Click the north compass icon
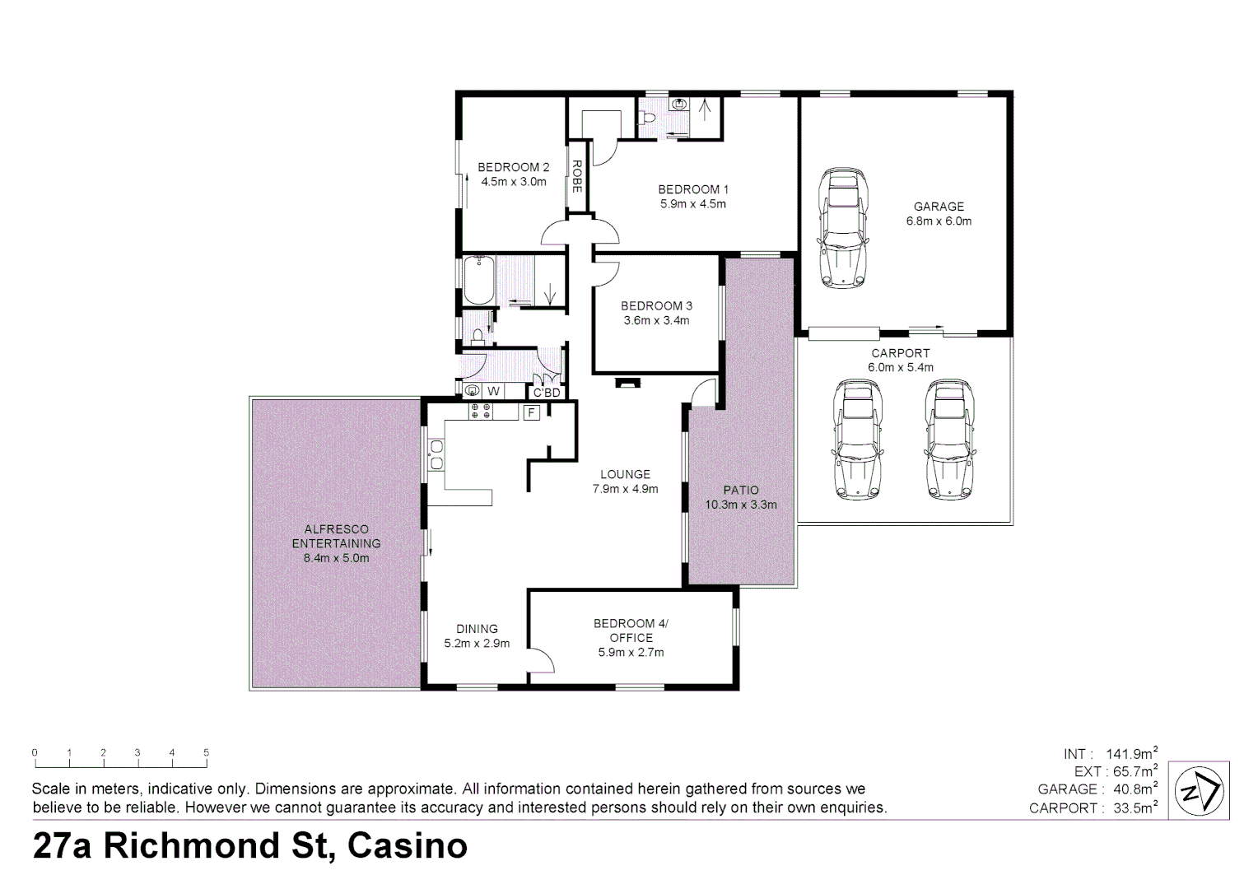[1199, 791]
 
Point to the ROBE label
[578, 177]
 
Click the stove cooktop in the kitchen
[481, 411]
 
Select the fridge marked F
[532, 412]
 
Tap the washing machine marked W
[493, 391]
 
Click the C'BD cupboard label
[547, 393]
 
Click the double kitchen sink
[436, 454]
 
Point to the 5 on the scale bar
[207, 752]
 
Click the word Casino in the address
[408, 845]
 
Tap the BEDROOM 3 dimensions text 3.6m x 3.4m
[656, 321]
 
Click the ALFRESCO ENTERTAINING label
[336, 536]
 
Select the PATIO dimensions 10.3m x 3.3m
[741, 505]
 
